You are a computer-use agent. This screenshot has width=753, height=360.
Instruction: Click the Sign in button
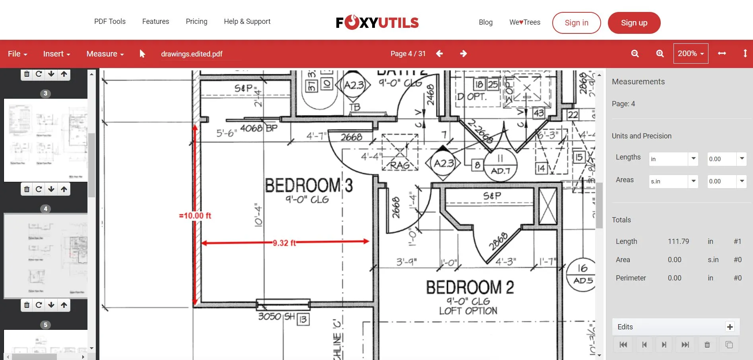click(576, 23)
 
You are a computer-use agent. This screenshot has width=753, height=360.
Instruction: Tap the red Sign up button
click(634, 23)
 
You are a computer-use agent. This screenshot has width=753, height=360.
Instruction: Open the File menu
click(17, 54)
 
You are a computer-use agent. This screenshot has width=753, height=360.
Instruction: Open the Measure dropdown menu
click(105, 54)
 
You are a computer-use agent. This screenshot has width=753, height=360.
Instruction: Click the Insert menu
click(56, 54)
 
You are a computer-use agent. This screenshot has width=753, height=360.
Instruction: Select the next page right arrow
click(463, 54)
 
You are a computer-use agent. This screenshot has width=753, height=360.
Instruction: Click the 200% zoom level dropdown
click(691, 54)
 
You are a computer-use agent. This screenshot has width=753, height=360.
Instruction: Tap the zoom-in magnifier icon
click(660, 54)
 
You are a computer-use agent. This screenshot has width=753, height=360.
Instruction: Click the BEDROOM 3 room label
click(309, 185)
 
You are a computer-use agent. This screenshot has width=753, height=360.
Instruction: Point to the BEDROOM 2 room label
click(470, 287)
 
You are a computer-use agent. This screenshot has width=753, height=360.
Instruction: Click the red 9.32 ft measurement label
click(284, 243)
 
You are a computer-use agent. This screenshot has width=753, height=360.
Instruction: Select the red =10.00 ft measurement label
click(195, 216)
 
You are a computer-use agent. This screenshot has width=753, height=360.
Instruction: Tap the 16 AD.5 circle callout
click(582, 274)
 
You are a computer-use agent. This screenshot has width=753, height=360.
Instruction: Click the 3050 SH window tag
click(276, 317)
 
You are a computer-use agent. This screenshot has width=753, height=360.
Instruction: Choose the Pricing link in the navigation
click(196, 21)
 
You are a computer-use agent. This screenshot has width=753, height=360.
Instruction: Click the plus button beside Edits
click(730, 327)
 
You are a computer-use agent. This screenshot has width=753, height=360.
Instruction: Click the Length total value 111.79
click(678, 241)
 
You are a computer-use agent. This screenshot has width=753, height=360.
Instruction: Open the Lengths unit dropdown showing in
click(673, 159)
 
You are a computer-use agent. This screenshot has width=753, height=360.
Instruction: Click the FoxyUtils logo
click(377, 23)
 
